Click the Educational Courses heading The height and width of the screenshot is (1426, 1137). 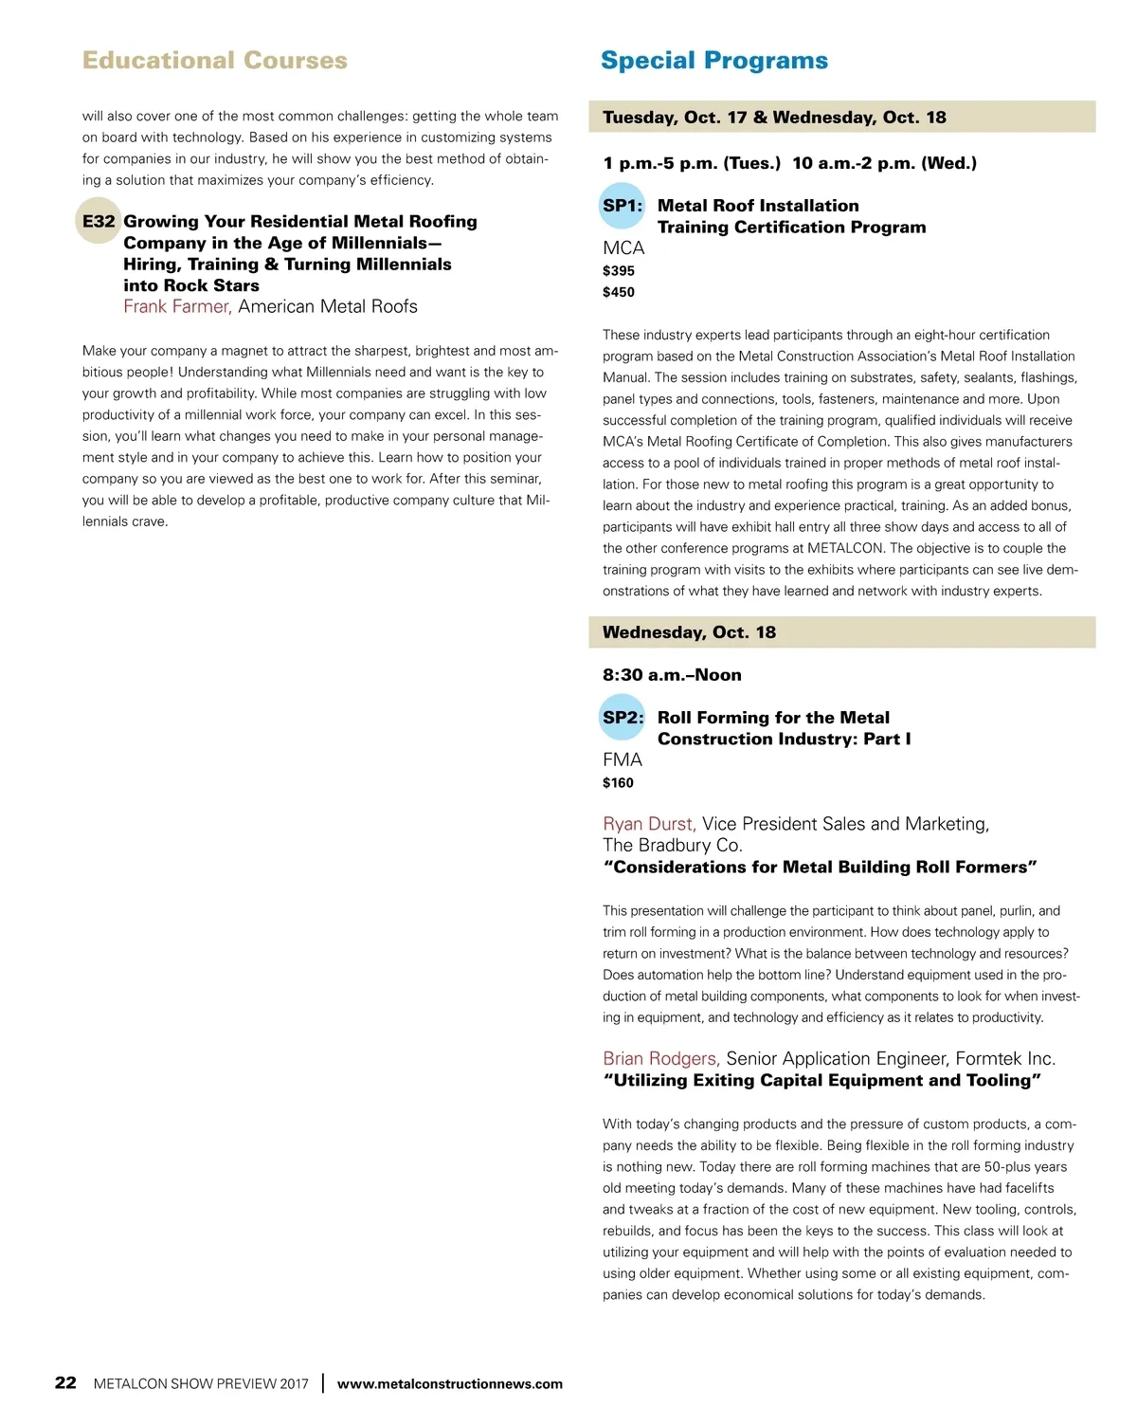(x=214, y=61)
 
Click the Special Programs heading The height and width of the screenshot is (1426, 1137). (x=713, y=61)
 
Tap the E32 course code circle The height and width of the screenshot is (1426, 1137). (x=99, y=221)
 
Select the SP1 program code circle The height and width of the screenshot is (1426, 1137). (x=622, y=206)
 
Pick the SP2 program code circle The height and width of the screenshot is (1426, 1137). (x=623, y=718)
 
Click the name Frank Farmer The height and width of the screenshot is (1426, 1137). (x=177, y=306)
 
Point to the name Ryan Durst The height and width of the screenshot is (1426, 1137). (x=649, y=824)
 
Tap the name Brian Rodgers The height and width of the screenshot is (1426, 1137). (x=660, y=1058)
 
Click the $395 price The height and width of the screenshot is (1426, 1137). (x=619, y=271)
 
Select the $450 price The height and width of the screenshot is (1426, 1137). (x=619, y=292)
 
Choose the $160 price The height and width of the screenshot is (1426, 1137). (x=618, y=783)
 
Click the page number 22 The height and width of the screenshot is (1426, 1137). (x=65, y=1382)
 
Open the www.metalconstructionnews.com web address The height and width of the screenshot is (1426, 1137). (x=449, y=1384)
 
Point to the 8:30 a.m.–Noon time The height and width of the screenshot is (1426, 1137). (x=672, y=675)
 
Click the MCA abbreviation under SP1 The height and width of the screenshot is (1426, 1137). (x=623, y=248)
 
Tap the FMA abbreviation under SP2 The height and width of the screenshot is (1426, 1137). (x=623, y=760)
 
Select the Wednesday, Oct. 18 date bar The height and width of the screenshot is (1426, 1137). (x=841, y=632)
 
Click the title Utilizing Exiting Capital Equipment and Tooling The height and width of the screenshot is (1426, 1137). (x=821, y=1081)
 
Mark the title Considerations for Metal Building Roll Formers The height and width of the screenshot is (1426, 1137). (x=820, y=868)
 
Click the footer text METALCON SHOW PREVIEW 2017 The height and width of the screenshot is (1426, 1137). (x=201, y=1384)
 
